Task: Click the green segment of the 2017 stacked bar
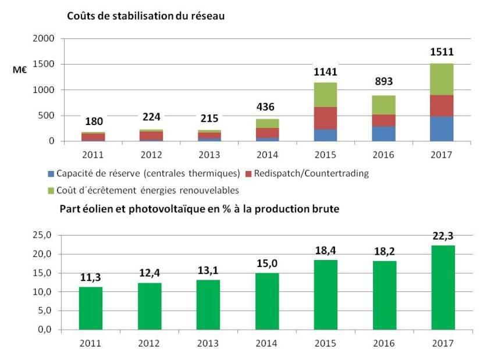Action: pos(442,79)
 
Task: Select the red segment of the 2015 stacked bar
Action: pos(326,118)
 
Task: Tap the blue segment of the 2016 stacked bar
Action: pos(383,134)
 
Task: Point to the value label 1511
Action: pos(442,52)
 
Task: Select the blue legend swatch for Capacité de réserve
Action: pos(51,173)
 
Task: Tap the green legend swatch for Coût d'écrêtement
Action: pos(51,190)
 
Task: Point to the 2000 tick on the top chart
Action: pos(45,38)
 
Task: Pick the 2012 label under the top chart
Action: pos(151,154)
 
